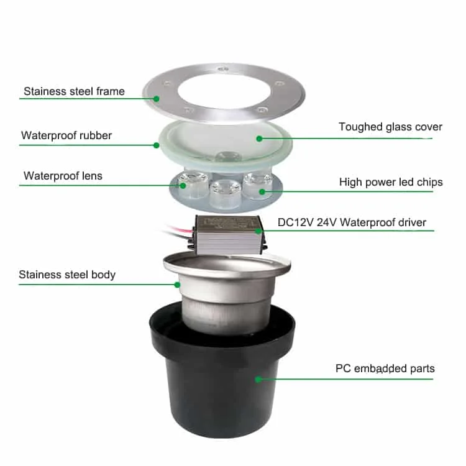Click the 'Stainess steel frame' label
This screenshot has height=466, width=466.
click(74, 91)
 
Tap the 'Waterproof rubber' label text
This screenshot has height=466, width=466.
click(66, 135)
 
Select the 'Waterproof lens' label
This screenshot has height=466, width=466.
click(63, 176)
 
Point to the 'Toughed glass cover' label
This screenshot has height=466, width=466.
click(391, 127)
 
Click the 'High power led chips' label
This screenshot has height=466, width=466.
click(391, 182)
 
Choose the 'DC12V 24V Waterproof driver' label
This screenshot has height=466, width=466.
click(352, 222)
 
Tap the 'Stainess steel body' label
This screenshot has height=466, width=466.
click(67, 275)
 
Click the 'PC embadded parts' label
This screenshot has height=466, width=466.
click(385, 368)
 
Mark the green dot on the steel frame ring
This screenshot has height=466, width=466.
click(157, 99)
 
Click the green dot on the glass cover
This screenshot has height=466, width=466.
click(259, 139)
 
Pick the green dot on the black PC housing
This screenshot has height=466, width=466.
click(258, 379)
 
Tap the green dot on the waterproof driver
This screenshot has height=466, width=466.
click(258, 231)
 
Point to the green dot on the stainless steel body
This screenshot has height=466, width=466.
click(177, 285)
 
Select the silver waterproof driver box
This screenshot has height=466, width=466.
click(227, 235)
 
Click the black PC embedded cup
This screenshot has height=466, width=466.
click(222, 380)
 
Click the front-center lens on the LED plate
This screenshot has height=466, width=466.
click(225, 193)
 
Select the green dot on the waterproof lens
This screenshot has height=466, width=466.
click(183, 186)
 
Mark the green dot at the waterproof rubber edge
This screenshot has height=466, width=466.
click(157, 145)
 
